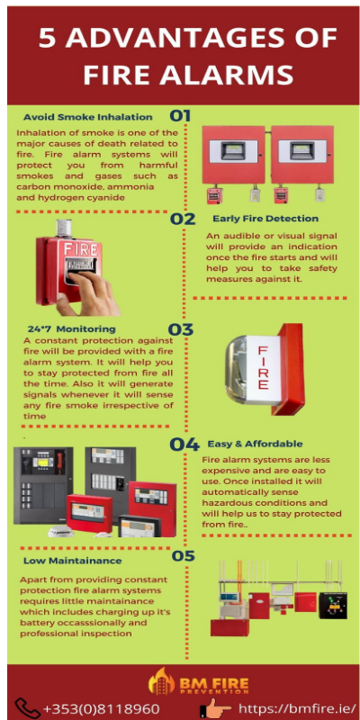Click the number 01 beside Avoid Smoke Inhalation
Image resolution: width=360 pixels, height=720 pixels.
coord(180,115)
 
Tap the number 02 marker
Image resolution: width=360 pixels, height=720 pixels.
coord(183,219)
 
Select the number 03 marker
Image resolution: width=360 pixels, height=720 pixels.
coord(181,329)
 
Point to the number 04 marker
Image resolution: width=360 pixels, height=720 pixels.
coord(184,444)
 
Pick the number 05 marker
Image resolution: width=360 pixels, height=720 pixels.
coord(184,556)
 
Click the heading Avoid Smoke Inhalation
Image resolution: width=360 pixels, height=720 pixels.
coord(87,117)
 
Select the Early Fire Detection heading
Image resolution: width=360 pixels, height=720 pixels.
coord(265,219)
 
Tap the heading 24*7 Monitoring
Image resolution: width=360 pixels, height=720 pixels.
coord(72,329)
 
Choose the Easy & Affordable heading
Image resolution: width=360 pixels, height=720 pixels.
coord(255,444)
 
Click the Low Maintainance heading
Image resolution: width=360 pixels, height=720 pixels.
coord(73,561)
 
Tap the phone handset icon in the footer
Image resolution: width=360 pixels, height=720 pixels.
coord(28,708)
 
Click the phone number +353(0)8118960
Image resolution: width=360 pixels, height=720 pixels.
coord(101,708)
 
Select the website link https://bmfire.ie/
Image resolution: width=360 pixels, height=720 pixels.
coord(297,708)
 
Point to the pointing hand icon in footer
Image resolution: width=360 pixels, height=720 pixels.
coord(215,708)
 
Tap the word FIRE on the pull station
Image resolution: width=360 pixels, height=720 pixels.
coord(81,249)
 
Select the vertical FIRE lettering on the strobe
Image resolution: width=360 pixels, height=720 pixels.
coord(263,368)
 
